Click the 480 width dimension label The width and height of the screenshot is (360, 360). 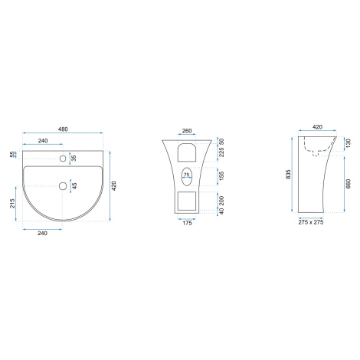pos(63,129)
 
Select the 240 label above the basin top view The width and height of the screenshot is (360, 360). pos(43,141)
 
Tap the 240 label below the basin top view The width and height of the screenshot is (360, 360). pos(42,233)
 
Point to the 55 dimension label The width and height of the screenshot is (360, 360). pos(12,154)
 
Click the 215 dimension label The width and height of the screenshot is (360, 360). pos(12,203)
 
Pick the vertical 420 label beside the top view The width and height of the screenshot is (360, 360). pos(114,186)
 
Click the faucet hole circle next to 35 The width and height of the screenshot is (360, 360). pos(63,159)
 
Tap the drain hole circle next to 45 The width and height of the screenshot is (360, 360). pos(63,186)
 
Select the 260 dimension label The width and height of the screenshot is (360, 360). pos(187,131)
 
